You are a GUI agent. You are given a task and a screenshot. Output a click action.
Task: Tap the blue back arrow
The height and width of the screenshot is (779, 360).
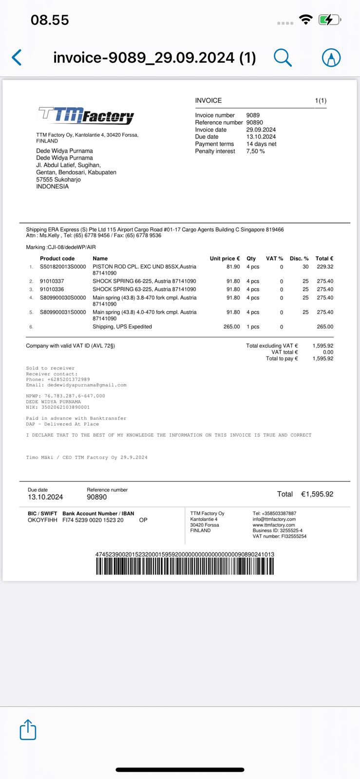pyautogui.click(x=17, y=57)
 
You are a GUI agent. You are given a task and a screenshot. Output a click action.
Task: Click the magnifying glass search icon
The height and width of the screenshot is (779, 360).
pyautogui.click(x=282, y=57)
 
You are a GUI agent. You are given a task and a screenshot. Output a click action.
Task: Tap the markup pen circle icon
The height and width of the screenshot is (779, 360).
pyautogui.click(x=331, y=57)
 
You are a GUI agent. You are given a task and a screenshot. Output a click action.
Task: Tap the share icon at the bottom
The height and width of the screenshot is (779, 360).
pyautogui.click(x=28, y=730)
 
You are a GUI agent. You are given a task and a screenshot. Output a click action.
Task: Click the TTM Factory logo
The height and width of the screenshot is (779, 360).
pyautogui.click(x=86, y=115)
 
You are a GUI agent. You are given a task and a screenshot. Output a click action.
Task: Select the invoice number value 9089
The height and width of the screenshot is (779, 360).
pyautogui.click(x=253, y=115)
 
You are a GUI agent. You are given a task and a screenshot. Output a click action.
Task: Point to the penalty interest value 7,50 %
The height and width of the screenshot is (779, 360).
pyautogui.click(x=255, y=151)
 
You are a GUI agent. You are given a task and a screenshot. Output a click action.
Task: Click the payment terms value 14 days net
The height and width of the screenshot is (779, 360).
pyautogui.click(x=261, y=144)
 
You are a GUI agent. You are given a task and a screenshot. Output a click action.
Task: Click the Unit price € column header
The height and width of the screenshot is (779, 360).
pyautogui.click(x=225, y=259)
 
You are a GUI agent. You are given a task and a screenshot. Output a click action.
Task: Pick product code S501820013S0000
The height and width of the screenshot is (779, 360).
pyautogui.click(x=63, y=267)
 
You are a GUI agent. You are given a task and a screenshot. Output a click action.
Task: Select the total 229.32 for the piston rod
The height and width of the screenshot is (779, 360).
pyautogui.click(x=325, y=267)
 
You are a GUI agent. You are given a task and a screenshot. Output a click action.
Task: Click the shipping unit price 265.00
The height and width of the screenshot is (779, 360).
pyautogui.click(x=231, y=327)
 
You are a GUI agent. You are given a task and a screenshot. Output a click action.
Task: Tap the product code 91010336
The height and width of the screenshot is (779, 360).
pyautogui.click(x=52, y=289)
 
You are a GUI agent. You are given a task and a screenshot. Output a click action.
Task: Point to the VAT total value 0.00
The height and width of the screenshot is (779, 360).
pyautogui.click(x=328, y=352)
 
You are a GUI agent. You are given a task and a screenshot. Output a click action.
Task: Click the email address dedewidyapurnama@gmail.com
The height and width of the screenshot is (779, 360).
pyautogui.click(x=87, y=385)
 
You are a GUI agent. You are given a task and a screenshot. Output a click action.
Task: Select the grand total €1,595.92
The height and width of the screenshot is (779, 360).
pyautogui.click(x=317, y=494)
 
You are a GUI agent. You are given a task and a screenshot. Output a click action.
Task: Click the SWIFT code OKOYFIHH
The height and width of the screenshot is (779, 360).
pyautogui.click(x=42, y=520)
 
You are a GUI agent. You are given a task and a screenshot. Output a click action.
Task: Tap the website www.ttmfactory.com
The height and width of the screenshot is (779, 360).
pyautogui.click(x=273, y=525)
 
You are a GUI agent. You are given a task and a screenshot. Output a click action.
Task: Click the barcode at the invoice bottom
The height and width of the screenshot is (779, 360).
pyautogui.click(x=185, y=566)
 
